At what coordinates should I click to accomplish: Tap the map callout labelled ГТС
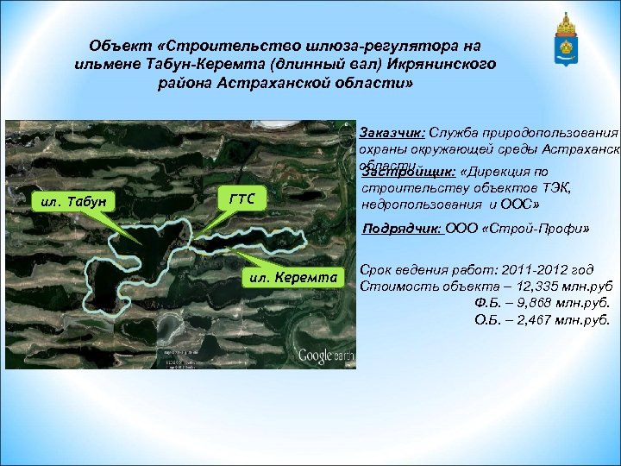point(242,198)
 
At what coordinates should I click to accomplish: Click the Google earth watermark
point(326,355)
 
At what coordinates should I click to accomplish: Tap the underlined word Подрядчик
point(403,230)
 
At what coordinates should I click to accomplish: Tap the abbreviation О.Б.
point(487,319)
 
